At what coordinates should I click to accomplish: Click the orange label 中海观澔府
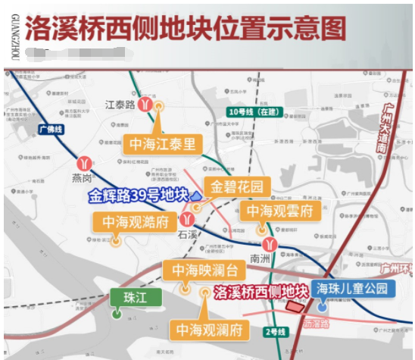click(x=134, y=222)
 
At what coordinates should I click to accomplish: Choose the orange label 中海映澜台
click(x=204, y=269)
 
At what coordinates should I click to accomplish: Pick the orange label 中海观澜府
click(x=210, y=330)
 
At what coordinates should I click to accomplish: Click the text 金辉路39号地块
click(x=137, y=196)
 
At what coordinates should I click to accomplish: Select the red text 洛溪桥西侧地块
click(x=262, y=291)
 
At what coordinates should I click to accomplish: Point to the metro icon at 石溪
click(x=181, y=219)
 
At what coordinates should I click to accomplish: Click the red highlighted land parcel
click(x=294, y=305)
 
